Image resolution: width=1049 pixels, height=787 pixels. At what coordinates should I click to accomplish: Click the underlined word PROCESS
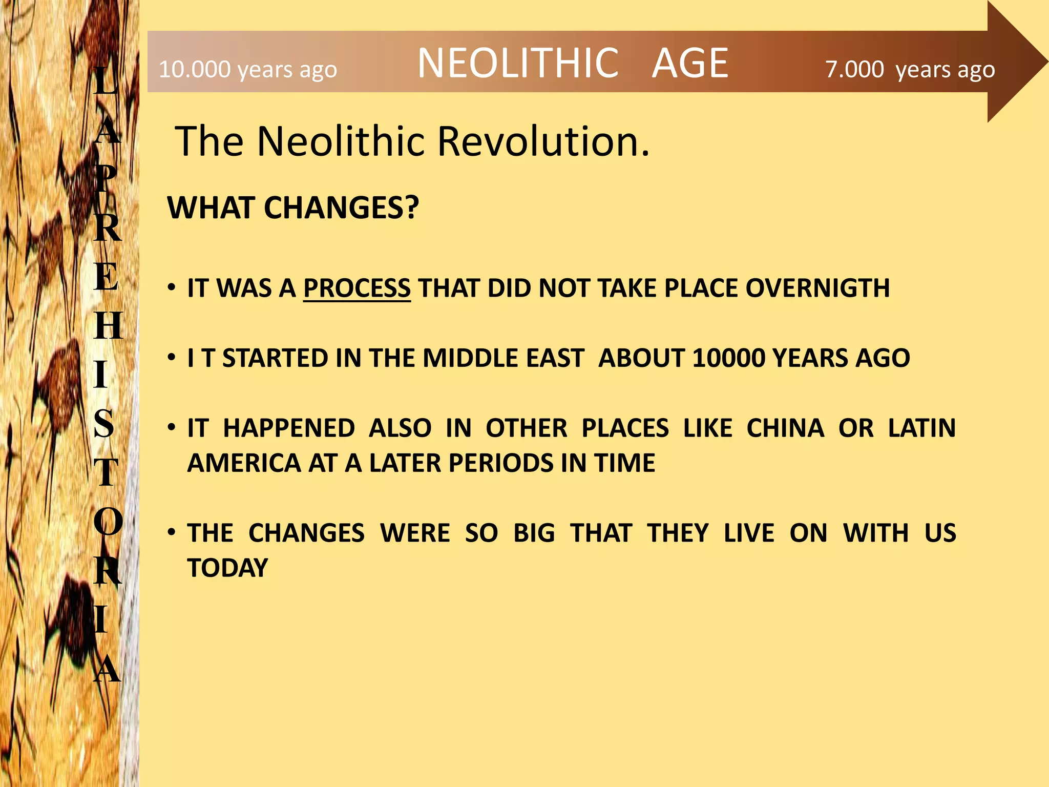click(x=356, y=288)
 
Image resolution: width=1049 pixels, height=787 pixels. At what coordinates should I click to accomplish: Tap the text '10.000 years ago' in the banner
click(x=248, y=70)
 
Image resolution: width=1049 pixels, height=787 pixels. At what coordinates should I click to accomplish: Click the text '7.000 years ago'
click(x=910, y=70)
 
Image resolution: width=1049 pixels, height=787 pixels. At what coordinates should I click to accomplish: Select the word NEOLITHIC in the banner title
click(x=518, y=63)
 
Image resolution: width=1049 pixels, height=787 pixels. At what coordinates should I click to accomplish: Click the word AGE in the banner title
click(x=689, y=63)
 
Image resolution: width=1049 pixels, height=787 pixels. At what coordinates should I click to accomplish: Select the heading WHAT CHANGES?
click(x=293, y=208)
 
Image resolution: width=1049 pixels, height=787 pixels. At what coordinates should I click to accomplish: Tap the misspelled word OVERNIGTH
click(x=817, y=288)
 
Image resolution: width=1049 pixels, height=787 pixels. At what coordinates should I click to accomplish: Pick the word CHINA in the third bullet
click(x=785, y=428)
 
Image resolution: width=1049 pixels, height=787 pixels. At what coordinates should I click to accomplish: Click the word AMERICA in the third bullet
click(x=244, y=463)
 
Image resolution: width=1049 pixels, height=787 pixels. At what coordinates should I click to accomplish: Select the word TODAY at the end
click(x=227, y=568)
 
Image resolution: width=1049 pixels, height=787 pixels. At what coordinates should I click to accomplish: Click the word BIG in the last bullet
click(x=534, y=533)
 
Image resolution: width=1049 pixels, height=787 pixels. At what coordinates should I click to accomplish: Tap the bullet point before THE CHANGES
click(x=172, y=532)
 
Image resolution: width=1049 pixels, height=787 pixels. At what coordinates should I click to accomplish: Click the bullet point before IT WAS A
click(x=172, y=287)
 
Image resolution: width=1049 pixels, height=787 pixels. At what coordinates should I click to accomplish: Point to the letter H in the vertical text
click(x=108, y=326)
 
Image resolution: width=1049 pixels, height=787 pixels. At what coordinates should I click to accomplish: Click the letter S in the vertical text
click(x=104, y=424)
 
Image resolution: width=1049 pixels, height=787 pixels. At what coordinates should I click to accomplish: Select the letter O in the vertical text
click(x=108, y=522)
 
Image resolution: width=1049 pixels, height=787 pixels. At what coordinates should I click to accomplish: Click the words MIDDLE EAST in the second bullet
click(x=503, y=358)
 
